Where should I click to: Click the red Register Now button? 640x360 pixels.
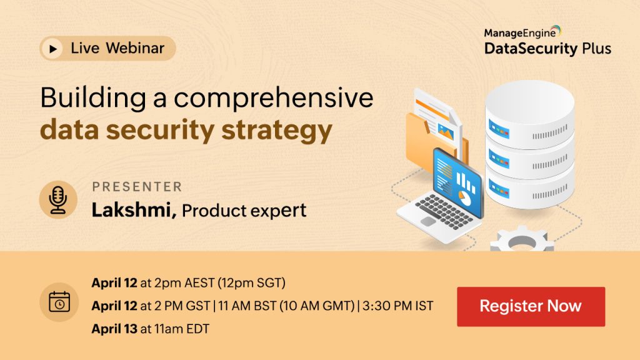(x=531, y=306)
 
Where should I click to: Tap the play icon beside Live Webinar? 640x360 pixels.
(x=52, y=49)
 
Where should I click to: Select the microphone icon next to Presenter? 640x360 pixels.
(x=58, y=200)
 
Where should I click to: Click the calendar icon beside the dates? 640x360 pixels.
(x=59, y=302)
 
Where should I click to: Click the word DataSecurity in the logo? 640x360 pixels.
(x=531, y=49)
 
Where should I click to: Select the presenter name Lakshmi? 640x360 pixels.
(x=134, y=210)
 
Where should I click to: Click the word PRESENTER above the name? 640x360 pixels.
(x=137, y=187)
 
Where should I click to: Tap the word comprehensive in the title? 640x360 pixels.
(x=274, y=98)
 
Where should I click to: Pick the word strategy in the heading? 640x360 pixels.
(x=277, y=131)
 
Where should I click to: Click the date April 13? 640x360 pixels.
(x=114, y=329)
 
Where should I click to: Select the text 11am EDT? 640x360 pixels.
(x=182, y=329)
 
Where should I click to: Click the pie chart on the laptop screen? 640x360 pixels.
(x=464, y=198)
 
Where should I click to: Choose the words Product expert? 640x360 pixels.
(x=244, y=211)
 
